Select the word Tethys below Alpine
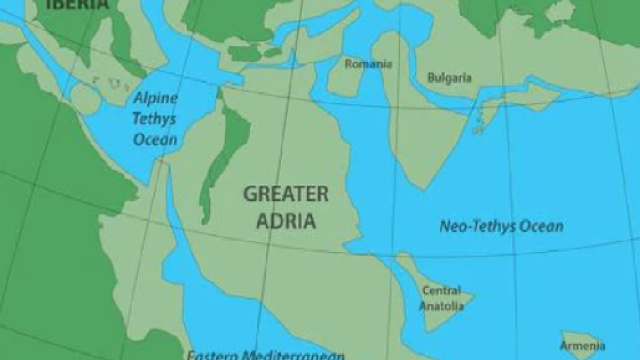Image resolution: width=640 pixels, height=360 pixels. pyautogui.click(x=156, y=119)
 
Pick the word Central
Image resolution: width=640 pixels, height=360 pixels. pyautogui.click(x=441, y=291)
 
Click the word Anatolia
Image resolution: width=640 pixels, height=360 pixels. pyautogui.click(x=441, y=305)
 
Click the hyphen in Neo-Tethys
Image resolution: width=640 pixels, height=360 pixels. pyautogui.click(x=463, y=227)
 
